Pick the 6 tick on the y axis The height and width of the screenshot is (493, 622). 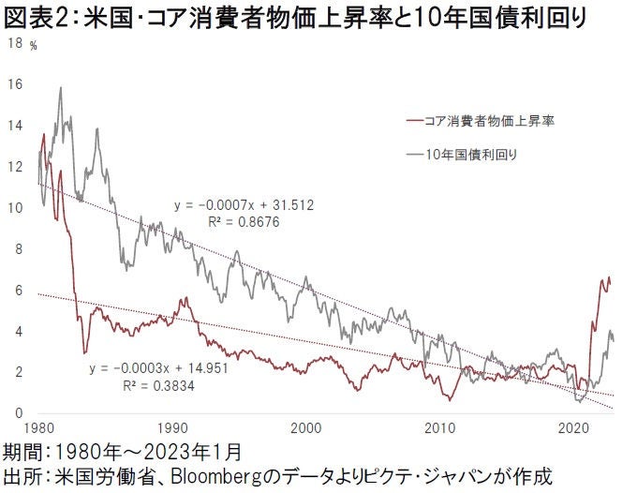coord(13,290)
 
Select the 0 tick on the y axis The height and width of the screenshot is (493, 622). coord(13,413)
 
